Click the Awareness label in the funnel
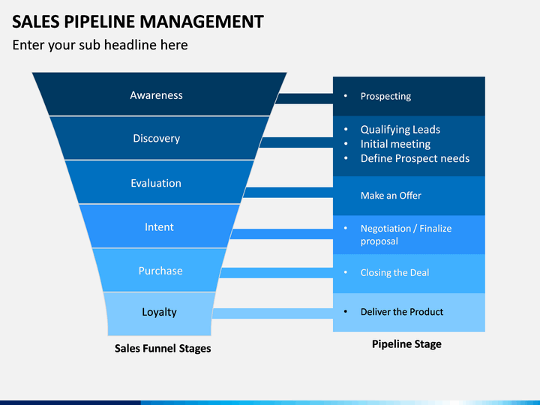(x=156, y=95)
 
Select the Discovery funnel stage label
(x=156, y=139)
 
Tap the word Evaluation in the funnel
(x=156, y=183)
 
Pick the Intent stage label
(x=159, y=227)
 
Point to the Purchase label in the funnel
(x=160, y=271)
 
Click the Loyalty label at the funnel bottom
(x=159, y=312)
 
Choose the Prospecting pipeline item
(x=385, y=97)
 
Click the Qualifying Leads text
(x=400, y=130)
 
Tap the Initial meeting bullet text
(x=395, y=144)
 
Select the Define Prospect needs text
(x=415, y=158)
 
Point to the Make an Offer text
(x=391, y=196)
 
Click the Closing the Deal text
(x=394, y=273)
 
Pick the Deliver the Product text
(x=402, y=312)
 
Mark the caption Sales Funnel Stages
(x=163, y=349)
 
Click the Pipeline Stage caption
(x=406, y=344)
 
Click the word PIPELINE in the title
(x=100, y=22)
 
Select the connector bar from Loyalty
(x=272, y=313)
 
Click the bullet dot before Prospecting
(x=346, y=96)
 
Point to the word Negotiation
(x=385, y=229)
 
